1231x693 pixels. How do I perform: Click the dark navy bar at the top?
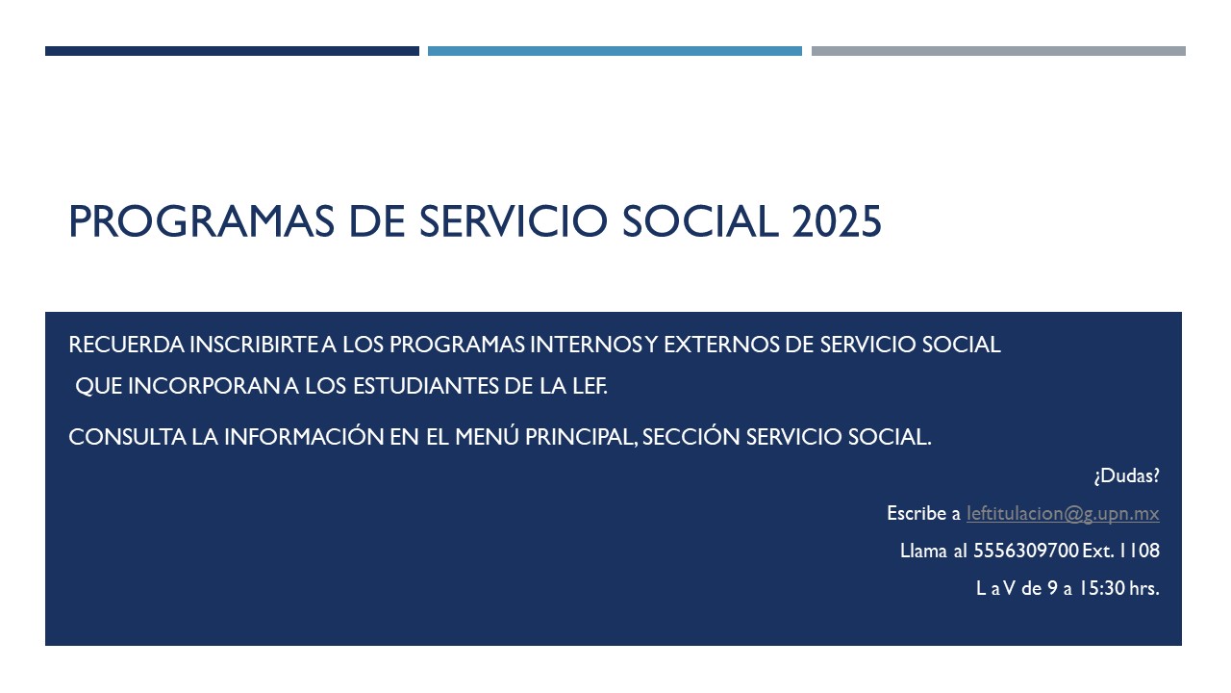(x=232, y=51)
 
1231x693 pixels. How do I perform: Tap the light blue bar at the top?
(x=615, y=51)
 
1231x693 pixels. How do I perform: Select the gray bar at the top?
(x=998, y=51)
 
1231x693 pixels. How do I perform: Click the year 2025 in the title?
(x=837, y=221)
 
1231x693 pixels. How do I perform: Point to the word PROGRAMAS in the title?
(x=201, y=221)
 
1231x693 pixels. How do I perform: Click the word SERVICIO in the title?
(x=514, y=221)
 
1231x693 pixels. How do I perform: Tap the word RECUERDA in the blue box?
(x=126, y=345)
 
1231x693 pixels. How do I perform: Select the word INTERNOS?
(x=587, y=345)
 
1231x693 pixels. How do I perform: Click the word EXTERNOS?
(x=721, y=345)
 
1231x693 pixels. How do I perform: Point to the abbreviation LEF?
(x=590, y=386)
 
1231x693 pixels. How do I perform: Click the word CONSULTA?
(x=127, y=437)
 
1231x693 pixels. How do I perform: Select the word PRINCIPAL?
(x=582, y=438)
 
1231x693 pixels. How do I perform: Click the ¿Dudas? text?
(x=1126, y=475)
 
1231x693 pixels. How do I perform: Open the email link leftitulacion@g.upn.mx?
(x=1063, y=514)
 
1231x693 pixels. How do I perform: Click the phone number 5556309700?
(x=1026, y=551)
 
